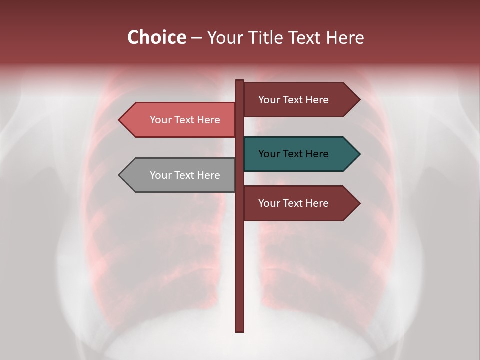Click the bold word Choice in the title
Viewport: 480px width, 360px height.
click(156, 37)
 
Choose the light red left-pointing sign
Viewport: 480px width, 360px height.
click(180, 120)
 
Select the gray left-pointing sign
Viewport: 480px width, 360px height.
click(180, 175)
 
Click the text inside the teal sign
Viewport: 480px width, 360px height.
click(293, 154)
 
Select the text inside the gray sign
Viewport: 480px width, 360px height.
click(185, 175)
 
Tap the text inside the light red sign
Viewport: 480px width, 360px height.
click(185, 120)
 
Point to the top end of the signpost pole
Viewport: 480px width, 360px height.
click(239, 81)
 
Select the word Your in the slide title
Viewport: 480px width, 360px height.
click(225, 37)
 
